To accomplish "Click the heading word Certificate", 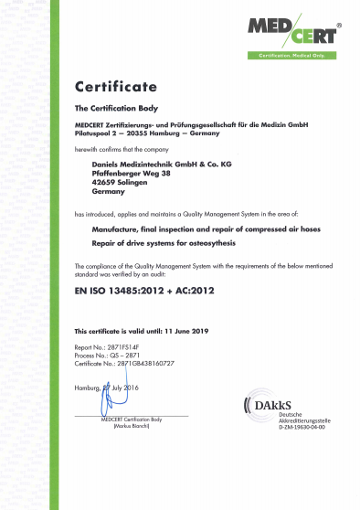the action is click(116, 88).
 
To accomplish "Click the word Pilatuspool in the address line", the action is click(93, 132).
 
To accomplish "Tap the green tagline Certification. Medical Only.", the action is click(291, 56).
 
